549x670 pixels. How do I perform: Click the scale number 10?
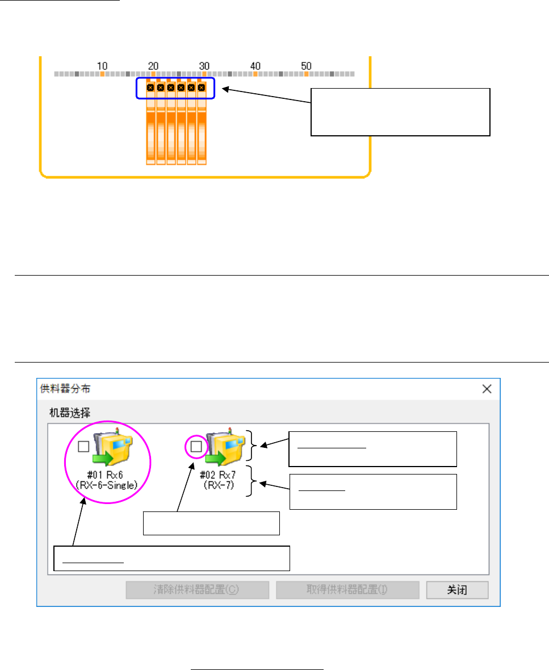103,65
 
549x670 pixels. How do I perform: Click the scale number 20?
153,65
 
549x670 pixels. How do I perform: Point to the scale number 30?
204,65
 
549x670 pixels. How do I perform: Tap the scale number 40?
255,65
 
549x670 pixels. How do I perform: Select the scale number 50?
307,65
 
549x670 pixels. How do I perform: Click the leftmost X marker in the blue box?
150,88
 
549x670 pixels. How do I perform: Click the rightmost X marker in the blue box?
202,88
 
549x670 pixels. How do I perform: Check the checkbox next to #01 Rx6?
83,447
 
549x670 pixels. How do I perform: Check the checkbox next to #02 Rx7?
196,447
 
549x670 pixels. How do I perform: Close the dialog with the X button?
487,389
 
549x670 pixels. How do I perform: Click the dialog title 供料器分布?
65,389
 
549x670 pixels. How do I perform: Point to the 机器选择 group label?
65,411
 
